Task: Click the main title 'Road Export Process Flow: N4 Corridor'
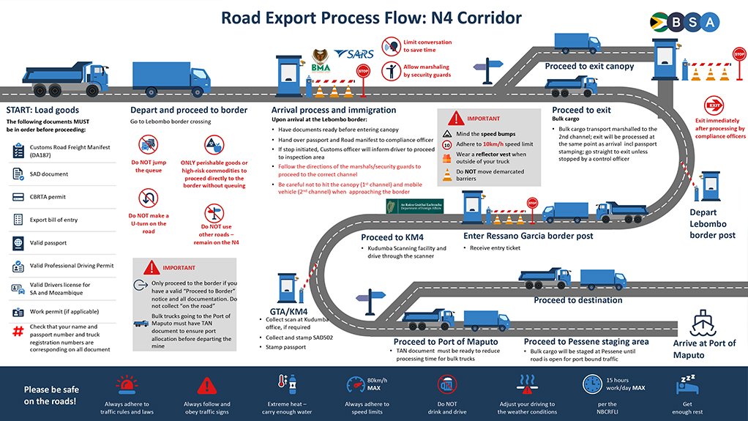[372, 17]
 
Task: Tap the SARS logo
[354, 56]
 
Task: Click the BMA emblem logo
[321, 59]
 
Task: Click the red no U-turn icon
[149, 199]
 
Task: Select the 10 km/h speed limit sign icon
[446, 145]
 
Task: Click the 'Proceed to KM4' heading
[392, 237]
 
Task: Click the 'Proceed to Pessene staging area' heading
[586, 342]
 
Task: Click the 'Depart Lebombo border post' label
[713, 223]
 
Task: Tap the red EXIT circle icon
[713, 105]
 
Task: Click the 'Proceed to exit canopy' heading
[589, 66]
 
